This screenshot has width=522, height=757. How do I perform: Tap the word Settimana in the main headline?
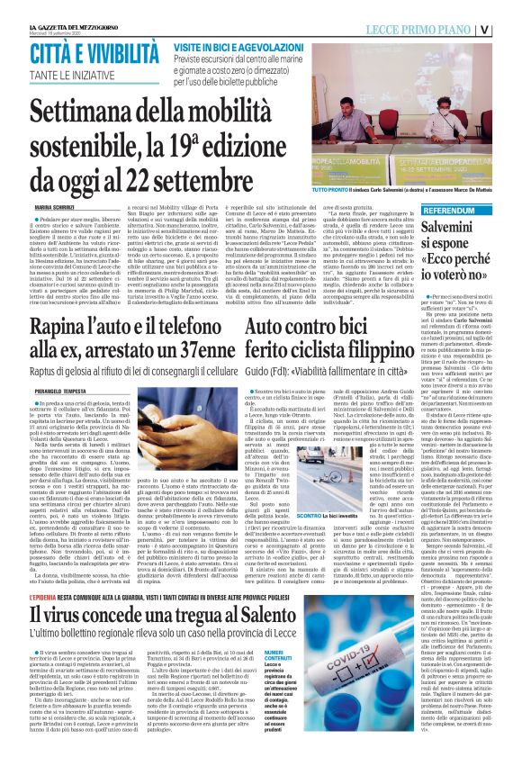[x=85, y=116]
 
